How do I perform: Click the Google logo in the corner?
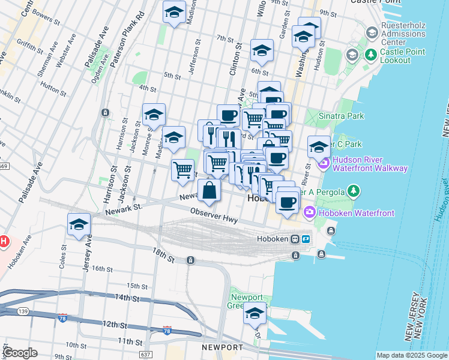20,353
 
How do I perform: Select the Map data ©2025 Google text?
412,355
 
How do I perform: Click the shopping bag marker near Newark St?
209,191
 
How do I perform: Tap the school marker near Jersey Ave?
79,225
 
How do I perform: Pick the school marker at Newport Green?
255,313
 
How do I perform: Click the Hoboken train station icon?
295,239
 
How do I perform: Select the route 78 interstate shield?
63,317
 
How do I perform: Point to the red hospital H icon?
3,242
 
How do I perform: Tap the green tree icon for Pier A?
354,191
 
